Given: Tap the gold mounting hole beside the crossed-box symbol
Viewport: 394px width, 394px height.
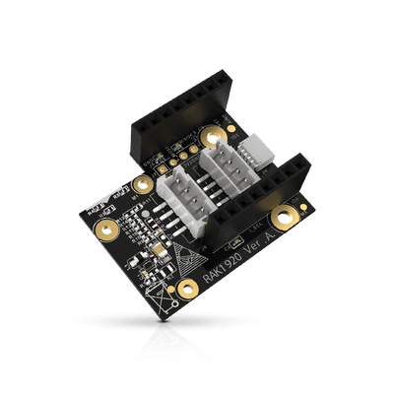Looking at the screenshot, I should pyautogui.click(x=185, y=287).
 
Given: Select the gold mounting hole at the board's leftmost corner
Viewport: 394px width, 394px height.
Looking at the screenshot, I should pyautogui.click(x=104, y=229).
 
